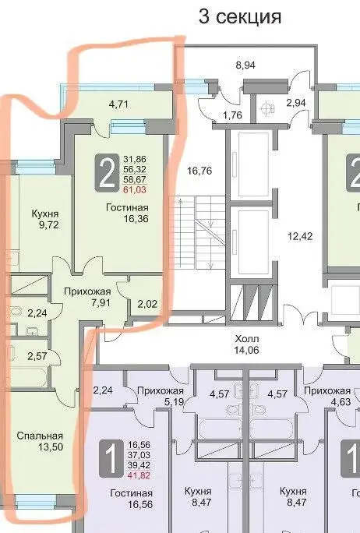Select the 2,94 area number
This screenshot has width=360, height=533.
(296, 102)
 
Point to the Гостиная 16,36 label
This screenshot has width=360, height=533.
(126, 213)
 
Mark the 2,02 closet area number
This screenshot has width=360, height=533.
(146, 304)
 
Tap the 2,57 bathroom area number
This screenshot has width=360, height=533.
(37, 357)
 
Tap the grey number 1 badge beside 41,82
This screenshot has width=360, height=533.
(108, 457)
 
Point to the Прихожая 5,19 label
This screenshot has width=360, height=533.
(161, 397)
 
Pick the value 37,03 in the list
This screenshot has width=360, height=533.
(138, 454)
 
